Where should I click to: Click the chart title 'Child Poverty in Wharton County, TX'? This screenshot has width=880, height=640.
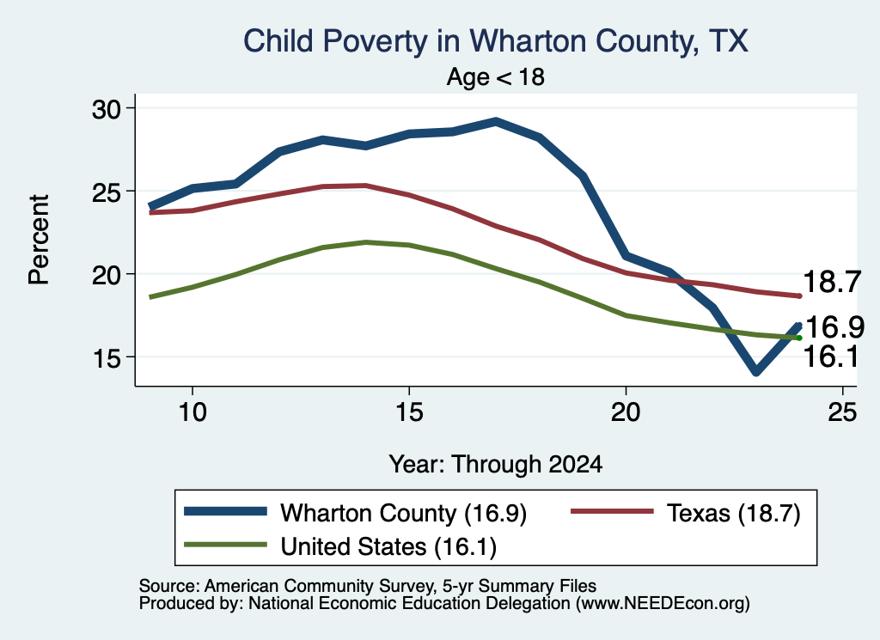[x=496, y=41]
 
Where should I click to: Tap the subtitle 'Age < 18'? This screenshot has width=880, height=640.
[x=496, y=76]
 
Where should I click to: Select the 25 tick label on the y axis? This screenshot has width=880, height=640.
[x=107, y=192]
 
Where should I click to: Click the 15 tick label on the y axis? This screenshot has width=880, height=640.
[x=107, y=358]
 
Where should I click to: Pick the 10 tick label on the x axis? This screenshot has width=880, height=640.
[x=192, y=412]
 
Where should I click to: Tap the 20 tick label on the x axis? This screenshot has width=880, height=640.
[x=626, y=412]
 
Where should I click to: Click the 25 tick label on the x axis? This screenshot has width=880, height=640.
[x=842, y=412]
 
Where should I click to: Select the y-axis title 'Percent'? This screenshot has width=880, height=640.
[x=39, y=240]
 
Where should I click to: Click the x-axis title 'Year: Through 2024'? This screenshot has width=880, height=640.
[x=496, y=465]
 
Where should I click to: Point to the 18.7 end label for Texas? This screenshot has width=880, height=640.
[x=832, y=282]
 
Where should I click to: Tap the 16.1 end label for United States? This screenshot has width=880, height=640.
[x=831, y=357]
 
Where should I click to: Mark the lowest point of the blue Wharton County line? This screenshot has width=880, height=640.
[x=756, y=371]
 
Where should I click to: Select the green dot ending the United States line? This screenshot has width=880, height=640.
[x=799, y=338]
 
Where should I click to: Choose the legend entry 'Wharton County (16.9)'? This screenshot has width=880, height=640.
[x=355, y=513]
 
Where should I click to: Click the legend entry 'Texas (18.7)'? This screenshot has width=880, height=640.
[x=685, y=513]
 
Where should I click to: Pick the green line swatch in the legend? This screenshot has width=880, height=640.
[x=226, y=545]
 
